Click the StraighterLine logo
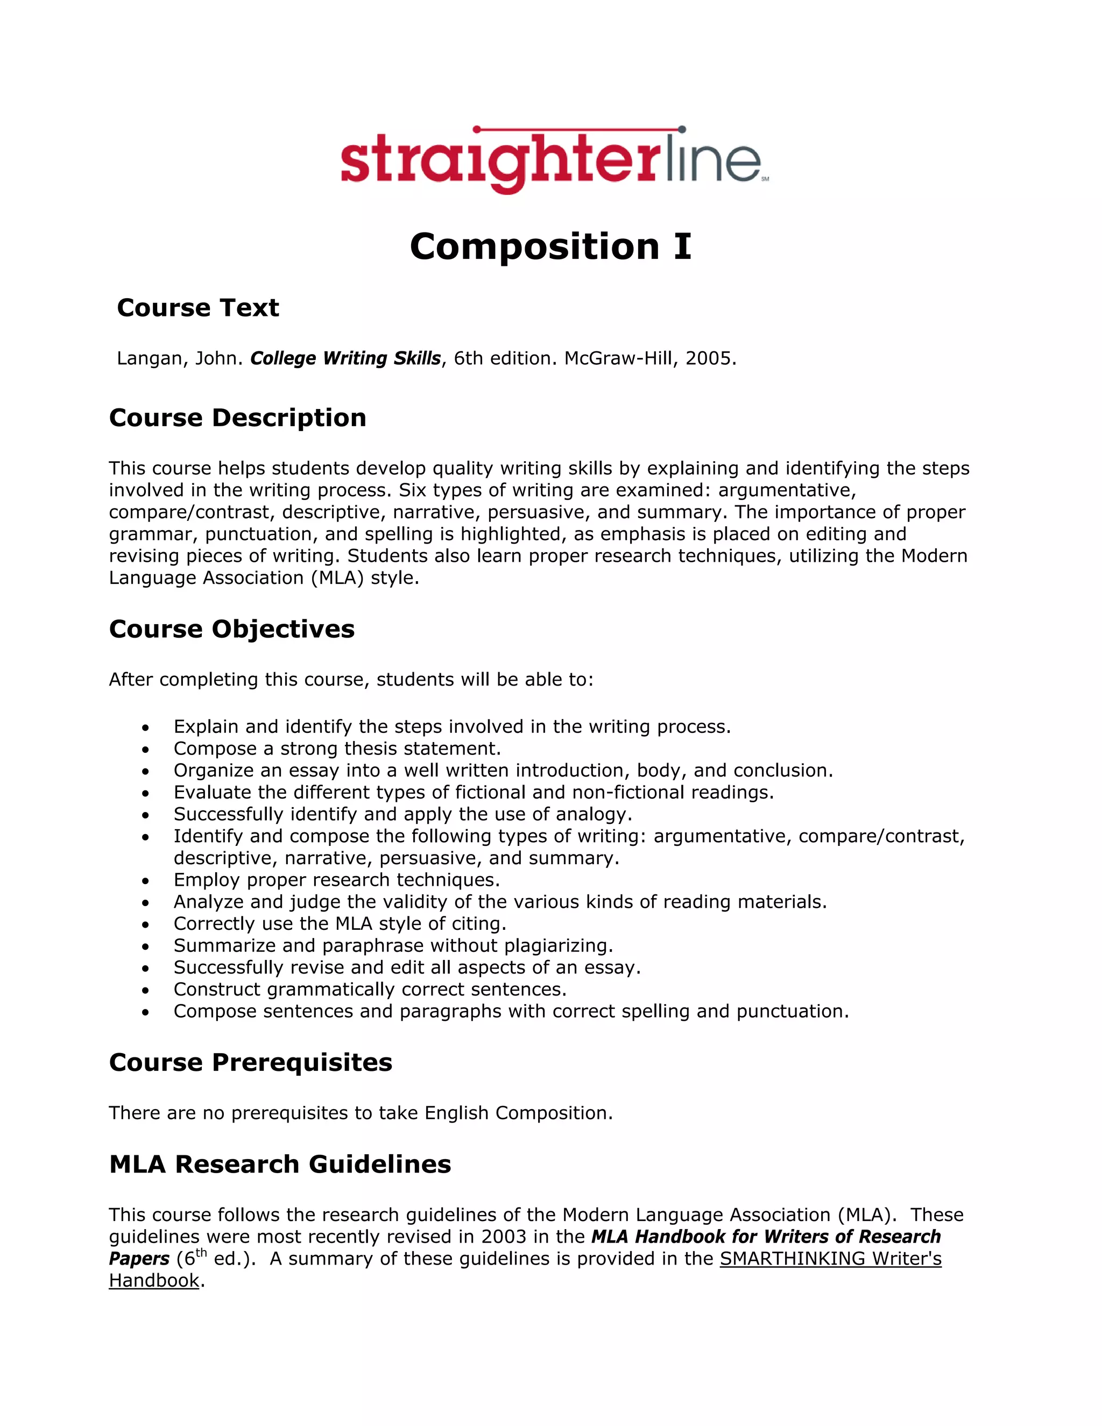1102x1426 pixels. (554, 159)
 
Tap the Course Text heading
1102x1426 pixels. (198, 307)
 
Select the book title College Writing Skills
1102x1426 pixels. (345, 358)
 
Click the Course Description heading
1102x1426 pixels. (238, 418)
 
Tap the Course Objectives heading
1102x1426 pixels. (232, 629)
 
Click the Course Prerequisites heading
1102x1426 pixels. (251, 1062)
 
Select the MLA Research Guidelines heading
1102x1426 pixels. (280, 1164)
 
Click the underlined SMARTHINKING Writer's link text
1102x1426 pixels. (830, 1258)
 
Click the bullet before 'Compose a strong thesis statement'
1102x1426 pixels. (146, 750)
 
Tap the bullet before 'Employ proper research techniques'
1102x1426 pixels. (146, 881)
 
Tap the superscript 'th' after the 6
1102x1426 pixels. (201, 1252)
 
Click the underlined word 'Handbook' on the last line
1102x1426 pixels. (154, 1280)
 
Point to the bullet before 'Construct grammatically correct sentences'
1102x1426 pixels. (146, 991)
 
